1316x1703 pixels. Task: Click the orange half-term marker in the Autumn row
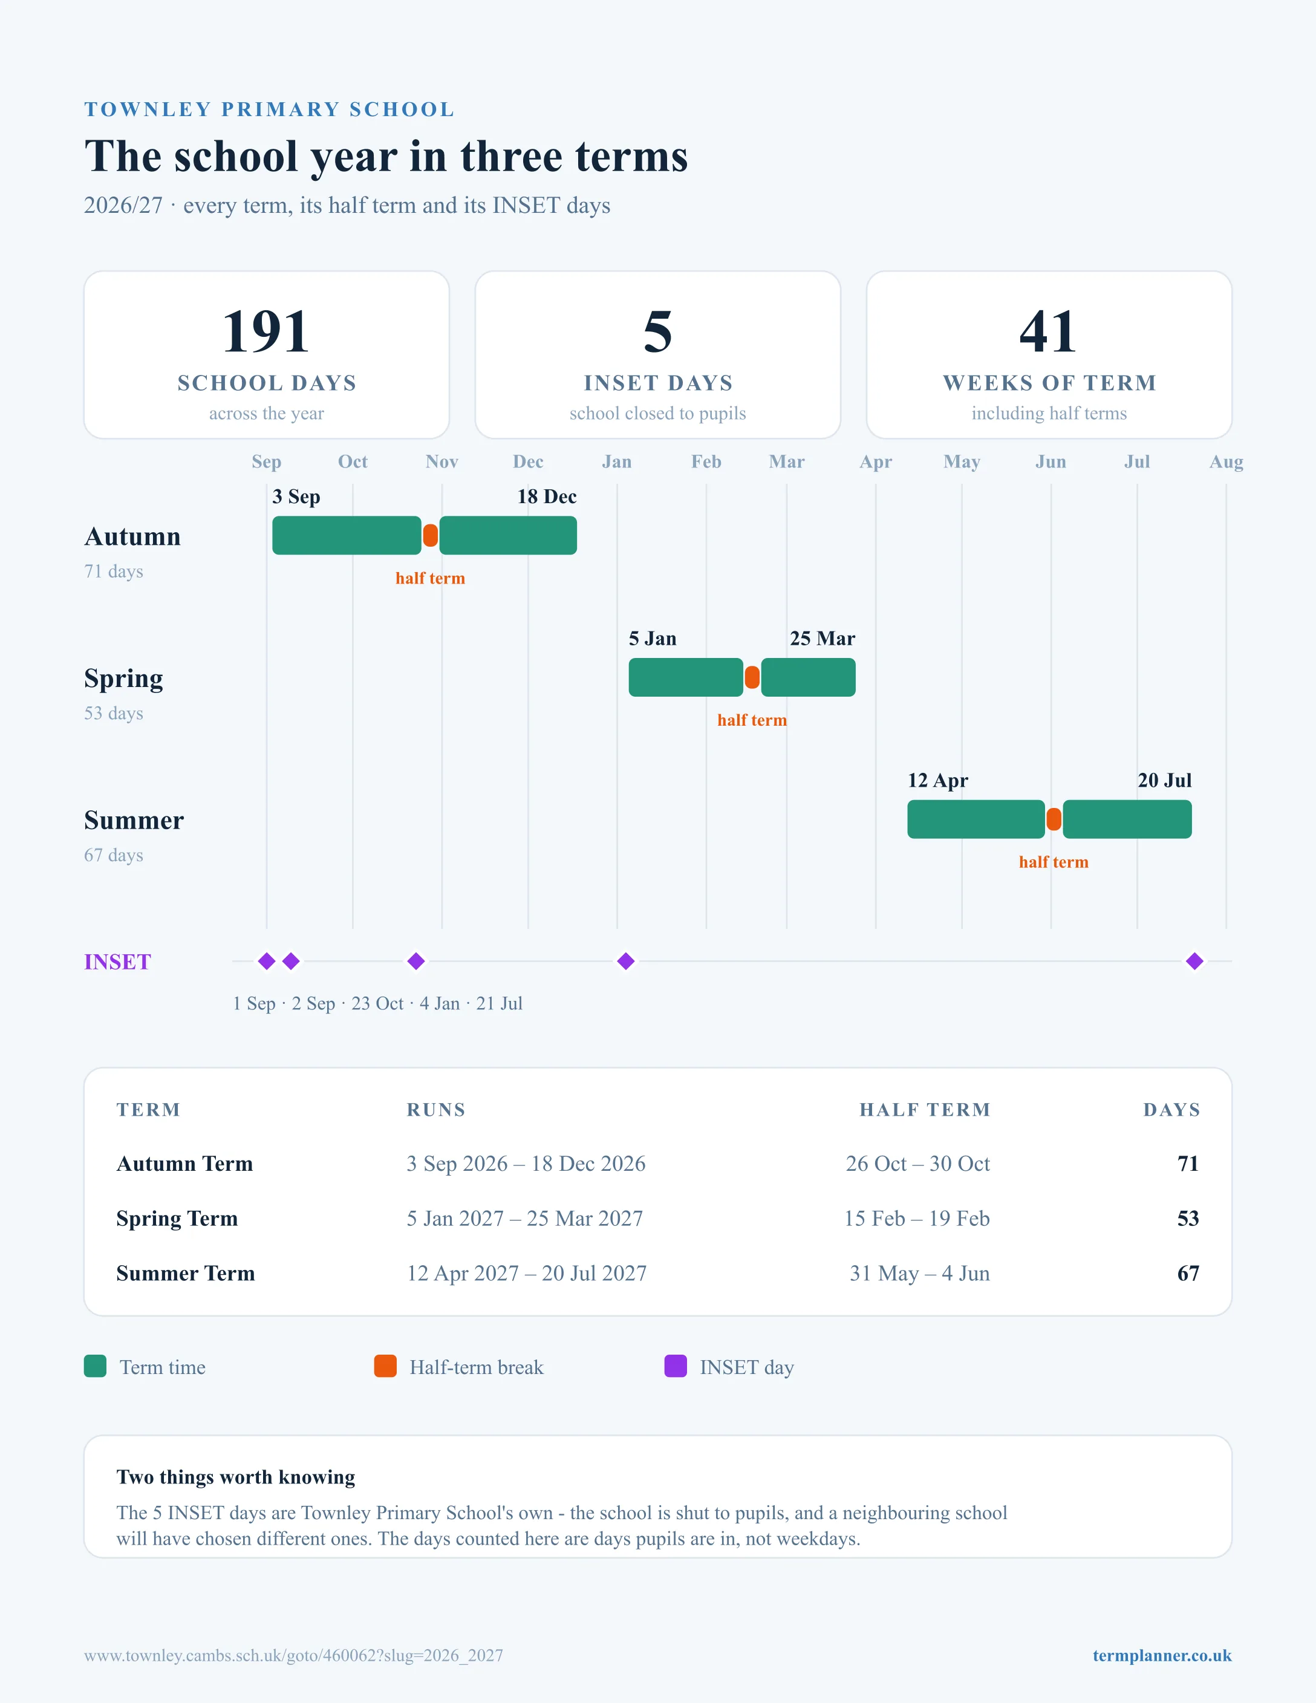coord(431,536)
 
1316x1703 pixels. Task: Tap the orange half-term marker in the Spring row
coord(752,677)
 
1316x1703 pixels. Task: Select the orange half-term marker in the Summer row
coord(1054,819)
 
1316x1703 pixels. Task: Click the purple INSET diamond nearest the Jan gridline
coord(625,962)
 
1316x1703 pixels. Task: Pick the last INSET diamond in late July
coord(1194,962)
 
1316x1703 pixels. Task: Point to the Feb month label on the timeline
coord(706,461)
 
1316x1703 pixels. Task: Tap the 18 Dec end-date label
coord(547,497)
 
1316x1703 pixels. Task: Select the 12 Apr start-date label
coord(938,781)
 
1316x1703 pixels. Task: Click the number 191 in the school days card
coord(267,331)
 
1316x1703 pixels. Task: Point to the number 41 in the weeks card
coord(1049,331)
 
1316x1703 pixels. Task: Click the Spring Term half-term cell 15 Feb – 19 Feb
coord(917,1218)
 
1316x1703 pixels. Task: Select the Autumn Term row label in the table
coord(185,1164)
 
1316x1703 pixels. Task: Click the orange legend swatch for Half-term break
coord(385,1366)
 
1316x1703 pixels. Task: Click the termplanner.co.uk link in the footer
coord(1162,1655)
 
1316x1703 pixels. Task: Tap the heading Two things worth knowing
coord(235,1477)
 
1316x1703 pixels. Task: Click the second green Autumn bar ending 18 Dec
coord(508,536)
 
